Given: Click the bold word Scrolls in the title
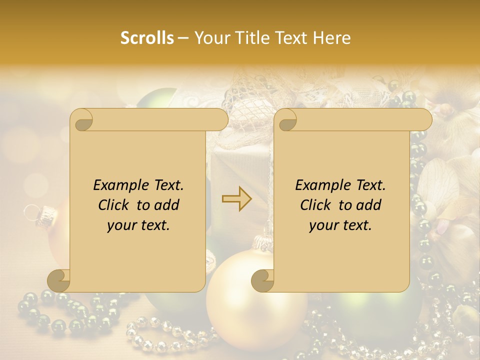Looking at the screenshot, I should [x=147, y=38].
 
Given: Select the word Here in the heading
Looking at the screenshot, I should [x=331, y=38].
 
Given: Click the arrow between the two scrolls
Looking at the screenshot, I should [x=237, y=199].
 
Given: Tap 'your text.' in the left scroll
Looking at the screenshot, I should [x=138, y=225].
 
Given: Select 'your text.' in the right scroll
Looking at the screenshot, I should [x=340, y=225].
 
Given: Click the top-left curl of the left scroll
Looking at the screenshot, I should [x=81, y=120].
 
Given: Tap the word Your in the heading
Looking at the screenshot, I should [x=210, y=38].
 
